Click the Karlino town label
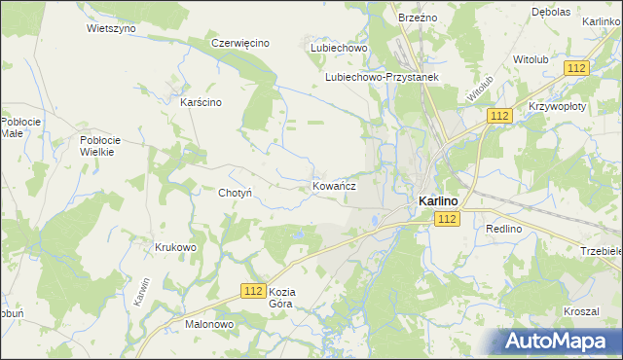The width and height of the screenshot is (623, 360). tap(438, 200)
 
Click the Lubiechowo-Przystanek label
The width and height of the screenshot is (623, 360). tap(383, 77)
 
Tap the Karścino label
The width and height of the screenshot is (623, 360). tap(202, 101)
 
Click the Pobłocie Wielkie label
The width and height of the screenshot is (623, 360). tap(98, 146)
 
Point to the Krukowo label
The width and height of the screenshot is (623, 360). tap(175, 247)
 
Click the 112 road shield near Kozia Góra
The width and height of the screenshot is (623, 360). tap(253, 291)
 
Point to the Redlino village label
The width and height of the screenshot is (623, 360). tap(504, 228)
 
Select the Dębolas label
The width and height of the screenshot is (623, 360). tap(578, 12)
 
